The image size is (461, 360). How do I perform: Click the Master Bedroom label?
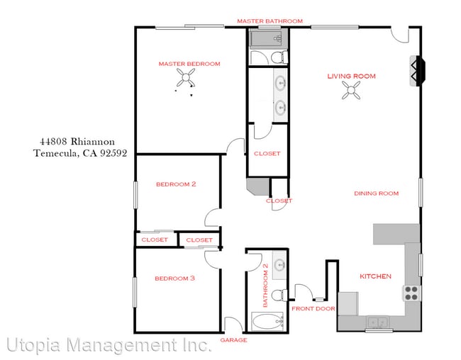click(189, 64)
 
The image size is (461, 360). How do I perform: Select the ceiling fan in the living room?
click(351, 90)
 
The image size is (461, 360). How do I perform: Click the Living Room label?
click(351, 76)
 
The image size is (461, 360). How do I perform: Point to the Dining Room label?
click(376, 193)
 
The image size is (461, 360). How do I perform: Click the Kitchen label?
click(375, 276)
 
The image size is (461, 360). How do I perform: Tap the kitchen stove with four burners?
click(411, 293)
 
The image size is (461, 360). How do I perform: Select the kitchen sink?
click(376, 323)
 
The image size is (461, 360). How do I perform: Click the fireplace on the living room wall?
click(416, 72)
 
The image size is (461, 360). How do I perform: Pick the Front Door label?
click(313, 309)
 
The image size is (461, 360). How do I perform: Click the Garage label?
click(233, 340)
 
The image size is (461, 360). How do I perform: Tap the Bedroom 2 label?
click(176, 184)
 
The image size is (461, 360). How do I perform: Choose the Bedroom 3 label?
click(174, 279)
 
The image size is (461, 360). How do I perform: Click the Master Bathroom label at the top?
click(270, 21)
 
